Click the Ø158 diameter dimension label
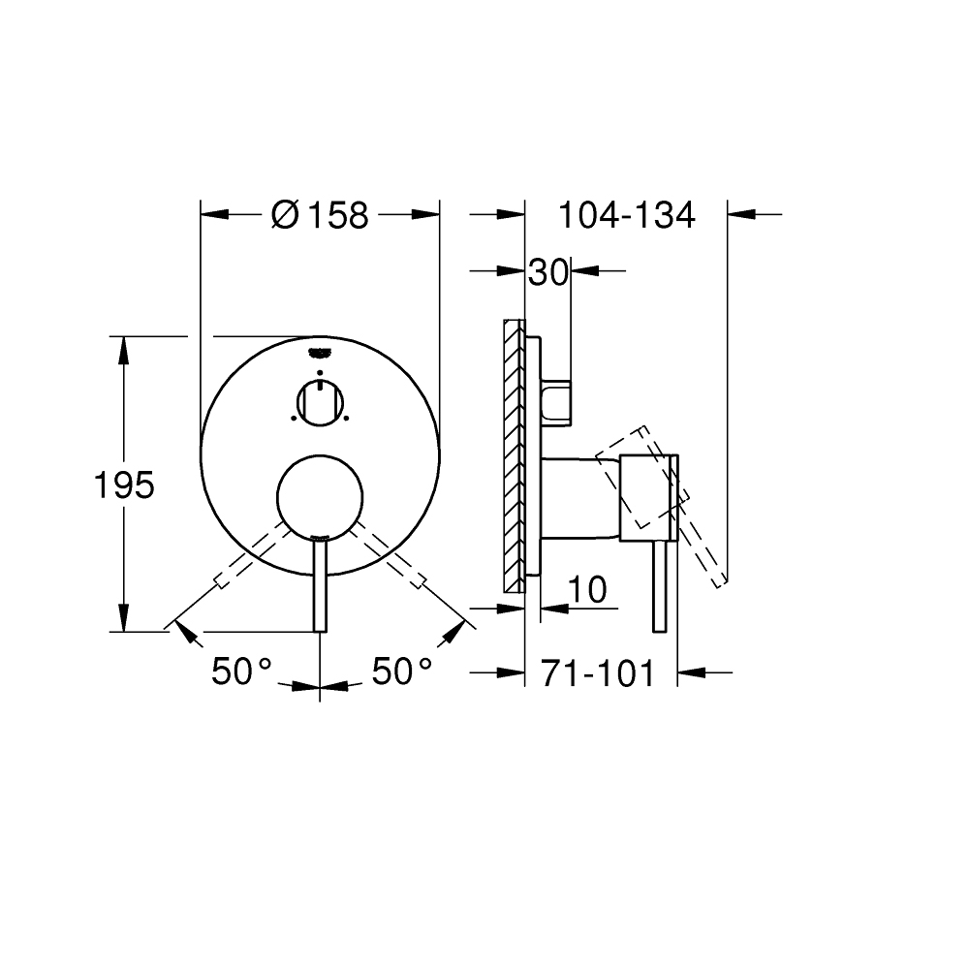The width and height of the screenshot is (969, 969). (x=320, y=214)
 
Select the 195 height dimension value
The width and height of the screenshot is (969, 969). (x=124, y=484)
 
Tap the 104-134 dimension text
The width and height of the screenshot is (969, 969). (x=626, y=214)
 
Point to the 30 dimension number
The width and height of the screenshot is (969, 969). (x=547, y=273)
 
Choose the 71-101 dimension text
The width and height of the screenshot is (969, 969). (x=597, y=672)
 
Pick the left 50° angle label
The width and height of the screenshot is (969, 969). (x=241, y=672)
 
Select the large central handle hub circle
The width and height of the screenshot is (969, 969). (x=319, y=496)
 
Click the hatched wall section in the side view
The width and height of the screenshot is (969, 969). (x=513, y=455)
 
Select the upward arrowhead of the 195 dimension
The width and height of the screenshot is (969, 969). (x=124, y=350)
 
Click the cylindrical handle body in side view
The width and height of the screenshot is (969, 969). (x=581, y=496)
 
